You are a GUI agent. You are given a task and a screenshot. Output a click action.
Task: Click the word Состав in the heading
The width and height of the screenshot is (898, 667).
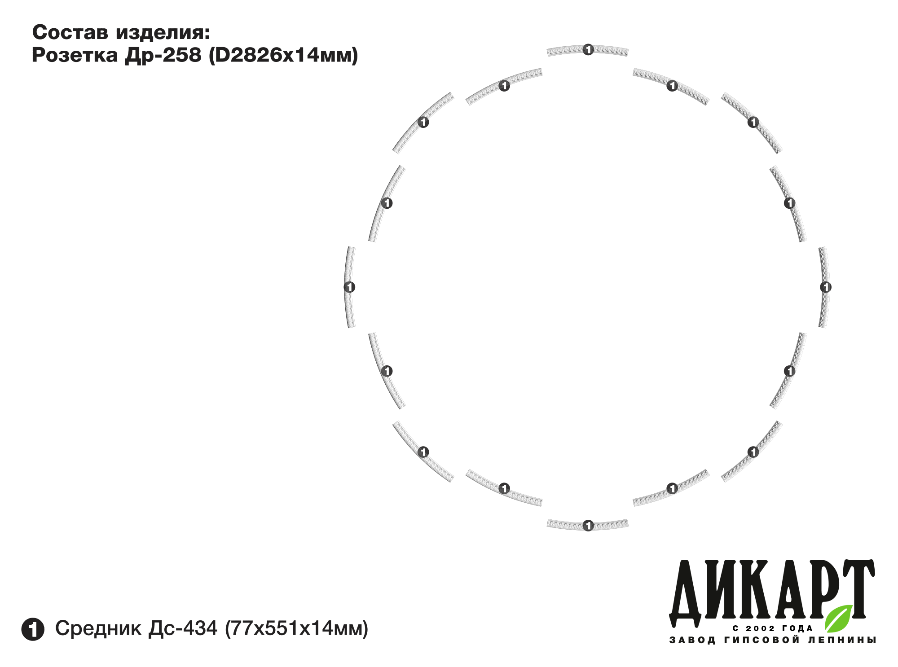pyautogui.click(x=71, y=32)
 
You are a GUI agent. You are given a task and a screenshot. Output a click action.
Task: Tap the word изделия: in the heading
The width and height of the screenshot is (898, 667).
pyautogui.click(x=163, y=33)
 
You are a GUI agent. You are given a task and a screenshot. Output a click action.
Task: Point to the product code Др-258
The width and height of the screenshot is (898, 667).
pyautogui.click(x=163, y=56)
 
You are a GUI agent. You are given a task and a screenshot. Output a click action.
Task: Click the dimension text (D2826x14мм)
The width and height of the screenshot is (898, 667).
pyautogui.click(x=284, y=55)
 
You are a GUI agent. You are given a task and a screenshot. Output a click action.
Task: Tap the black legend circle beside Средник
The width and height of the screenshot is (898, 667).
pyautogui.click(x=33, y=629)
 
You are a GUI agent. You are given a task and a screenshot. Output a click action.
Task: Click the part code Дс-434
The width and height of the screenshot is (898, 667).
pyautogui.click(x=183, y=628)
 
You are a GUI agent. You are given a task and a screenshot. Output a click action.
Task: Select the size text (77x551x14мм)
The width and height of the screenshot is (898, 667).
pyautogui.click(x=296, y=628)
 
